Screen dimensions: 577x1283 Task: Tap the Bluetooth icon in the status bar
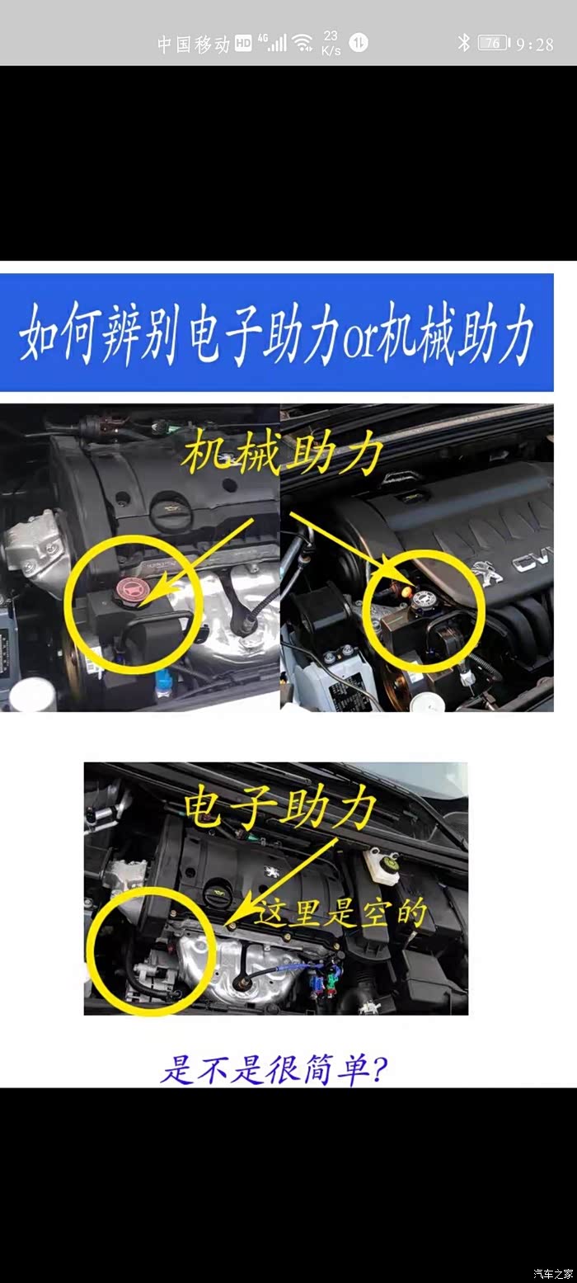point(463,42)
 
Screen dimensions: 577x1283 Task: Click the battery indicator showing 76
point(493,43)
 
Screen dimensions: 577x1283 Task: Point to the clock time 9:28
point(535,44)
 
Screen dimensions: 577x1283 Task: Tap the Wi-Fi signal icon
point(303,42)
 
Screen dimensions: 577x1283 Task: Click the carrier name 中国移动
point(194,44)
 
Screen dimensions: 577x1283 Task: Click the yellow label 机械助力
point(282,453)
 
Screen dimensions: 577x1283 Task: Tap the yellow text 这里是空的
point(341,911)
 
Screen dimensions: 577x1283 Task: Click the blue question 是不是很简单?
point(274,1068)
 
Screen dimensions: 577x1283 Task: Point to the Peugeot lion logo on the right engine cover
point(486,573)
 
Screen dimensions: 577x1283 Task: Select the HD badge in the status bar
point(243,44)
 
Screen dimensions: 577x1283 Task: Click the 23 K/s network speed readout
point(331,43)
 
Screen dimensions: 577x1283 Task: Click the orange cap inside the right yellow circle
point(406,591)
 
